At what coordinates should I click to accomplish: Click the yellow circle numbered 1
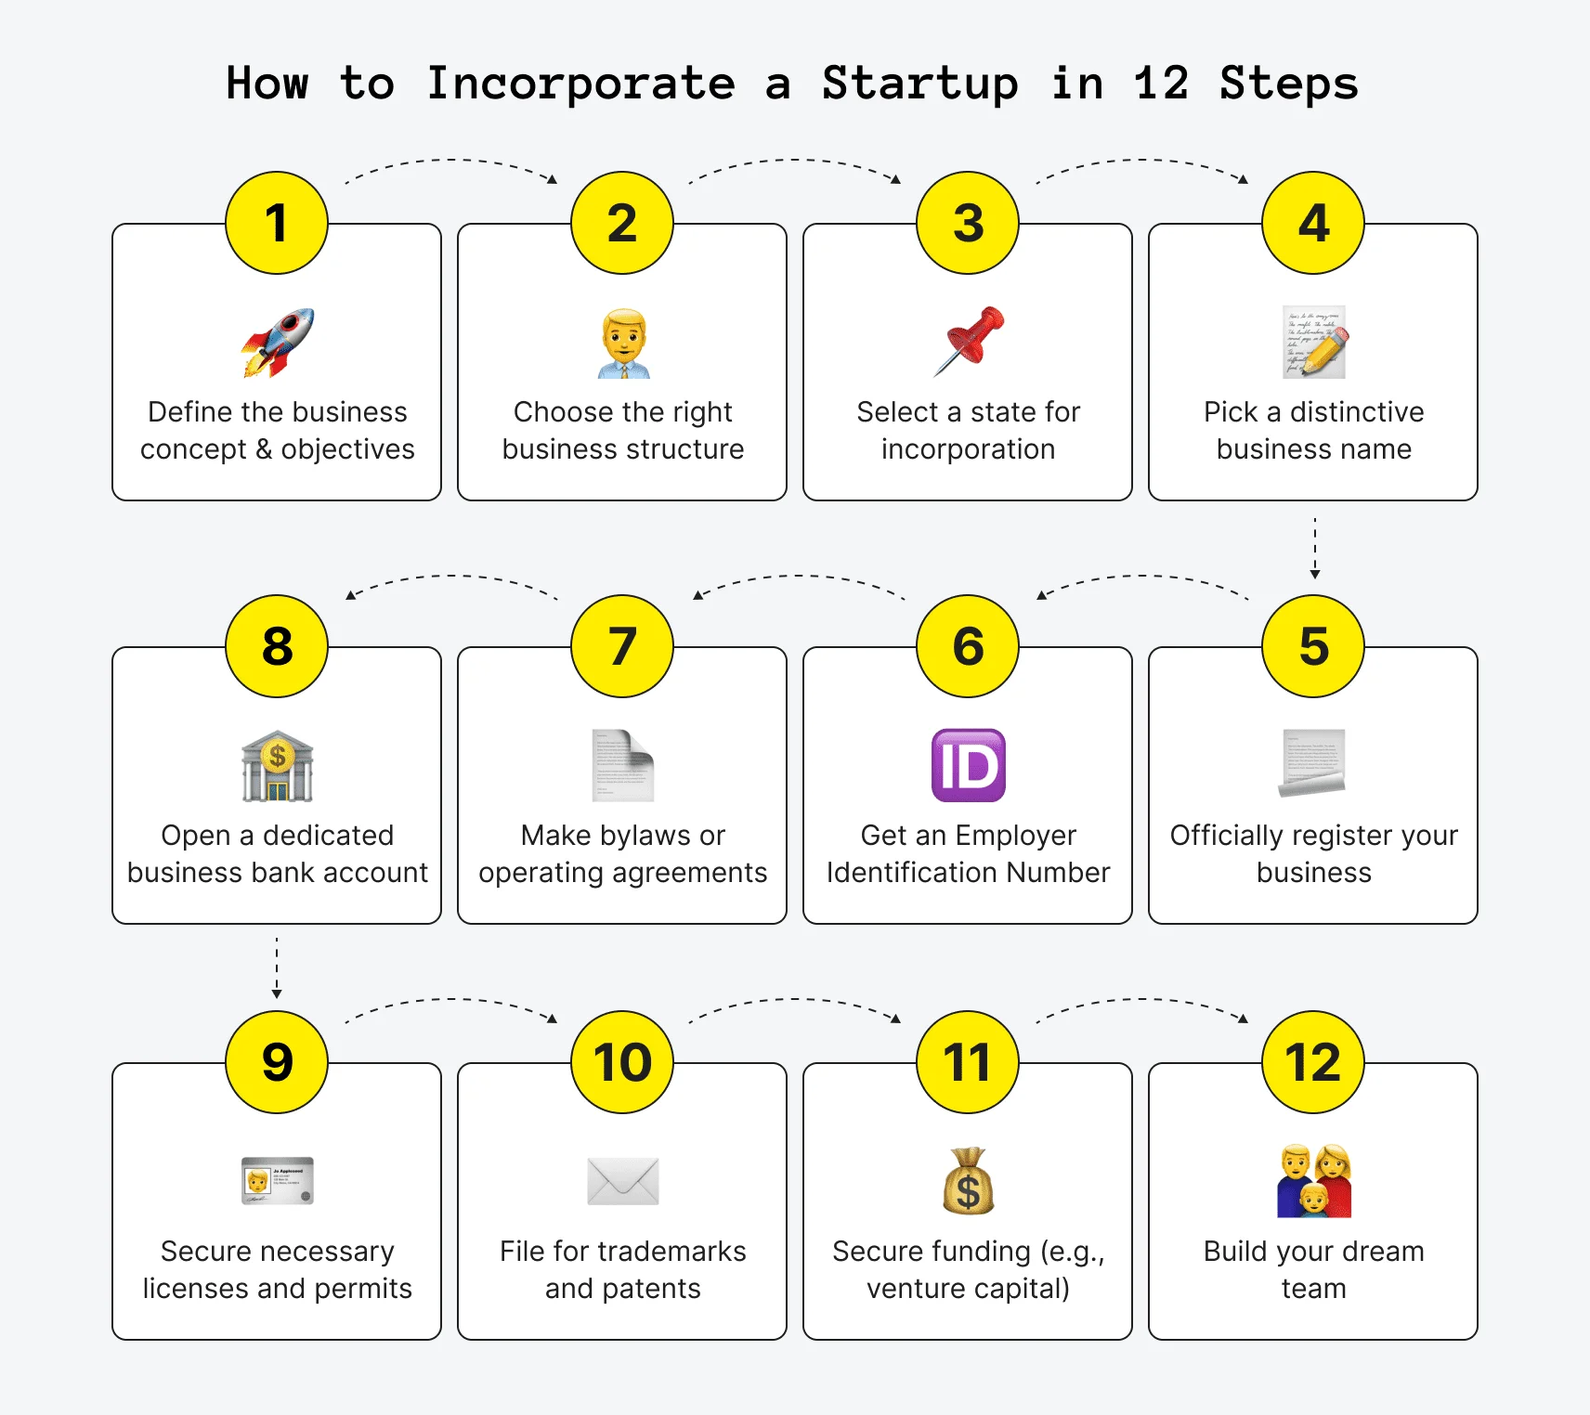(277, 223)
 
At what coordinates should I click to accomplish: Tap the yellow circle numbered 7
(622, 646)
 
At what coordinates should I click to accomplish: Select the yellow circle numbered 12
(1313, 1062)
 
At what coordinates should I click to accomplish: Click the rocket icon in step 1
(278, 343)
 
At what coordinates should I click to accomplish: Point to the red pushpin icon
(969, 341)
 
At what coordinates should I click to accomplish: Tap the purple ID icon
(969, 765)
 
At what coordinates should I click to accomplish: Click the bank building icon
(278, 766)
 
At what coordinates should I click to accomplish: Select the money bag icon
(969, 1181)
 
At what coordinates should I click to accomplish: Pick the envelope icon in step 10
(623, 1181)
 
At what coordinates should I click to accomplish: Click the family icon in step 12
(1314, 1181)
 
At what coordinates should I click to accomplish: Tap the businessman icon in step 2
(623, 344)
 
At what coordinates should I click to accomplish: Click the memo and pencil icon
(1314, 342)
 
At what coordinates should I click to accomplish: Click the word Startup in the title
(919, 84)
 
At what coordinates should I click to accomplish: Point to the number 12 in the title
(1161, 84)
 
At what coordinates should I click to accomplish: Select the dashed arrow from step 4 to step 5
(1315, 549)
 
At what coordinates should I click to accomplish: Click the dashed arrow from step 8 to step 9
(277, 968)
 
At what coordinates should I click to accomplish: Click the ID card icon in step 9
(278, 1181)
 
